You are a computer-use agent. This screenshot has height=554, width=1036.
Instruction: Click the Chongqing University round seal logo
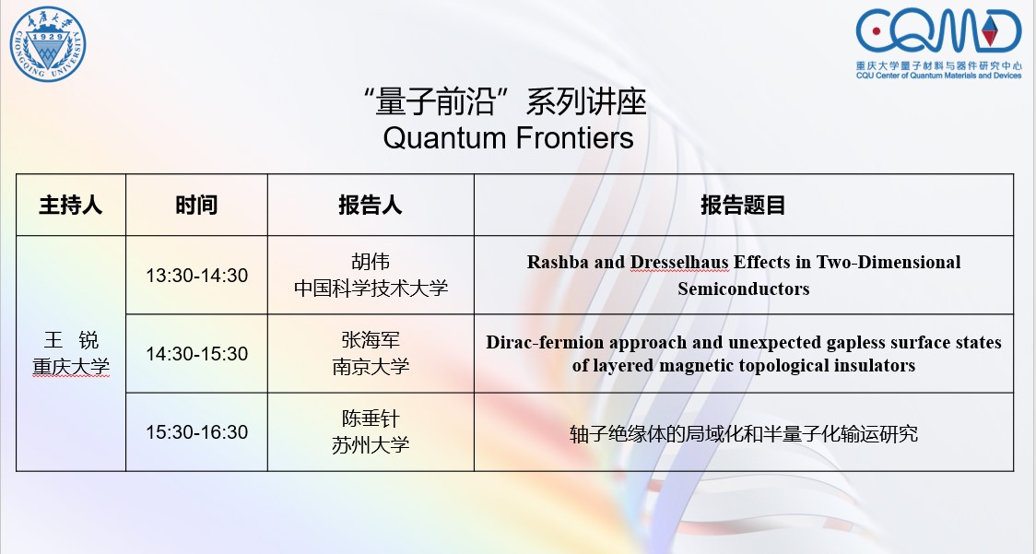[x=48, y=44]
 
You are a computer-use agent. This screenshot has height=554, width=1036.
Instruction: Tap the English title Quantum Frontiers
[x=508, y=138]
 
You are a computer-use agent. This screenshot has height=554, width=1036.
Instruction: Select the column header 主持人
[x=71, y=205]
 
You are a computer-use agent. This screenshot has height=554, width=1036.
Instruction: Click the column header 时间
[x=196, y=205]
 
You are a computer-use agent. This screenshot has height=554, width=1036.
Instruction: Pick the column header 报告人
[x=371, y=205]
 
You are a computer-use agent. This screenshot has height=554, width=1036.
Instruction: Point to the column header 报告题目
[x=743, y=205]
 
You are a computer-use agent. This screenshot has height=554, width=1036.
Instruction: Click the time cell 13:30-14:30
[x=197, y=275]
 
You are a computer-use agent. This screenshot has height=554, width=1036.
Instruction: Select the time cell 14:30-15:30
[x=197, y=354]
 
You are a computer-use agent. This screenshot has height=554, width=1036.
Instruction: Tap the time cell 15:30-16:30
[x=197, y=432]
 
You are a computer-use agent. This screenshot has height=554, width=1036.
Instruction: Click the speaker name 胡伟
[x=371, y=262]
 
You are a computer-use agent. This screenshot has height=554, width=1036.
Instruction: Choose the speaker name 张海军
[x=371, y=340]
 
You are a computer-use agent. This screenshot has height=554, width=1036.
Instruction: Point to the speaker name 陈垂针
[x=371, y=418]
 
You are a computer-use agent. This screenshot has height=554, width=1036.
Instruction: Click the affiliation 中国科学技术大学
[x=371, y=289]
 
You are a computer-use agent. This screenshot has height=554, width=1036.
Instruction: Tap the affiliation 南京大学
[x=371, y=366]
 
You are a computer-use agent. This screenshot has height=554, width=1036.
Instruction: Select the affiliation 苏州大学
[x=371, y=445]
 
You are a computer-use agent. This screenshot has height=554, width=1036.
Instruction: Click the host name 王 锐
[x=71, y=340]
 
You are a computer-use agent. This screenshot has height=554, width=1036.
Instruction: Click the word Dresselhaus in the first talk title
[x=680, y=263]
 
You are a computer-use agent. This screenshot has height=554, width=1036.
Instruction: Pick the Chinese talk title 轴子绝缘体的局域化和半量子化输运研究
[x=743, y=433]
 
